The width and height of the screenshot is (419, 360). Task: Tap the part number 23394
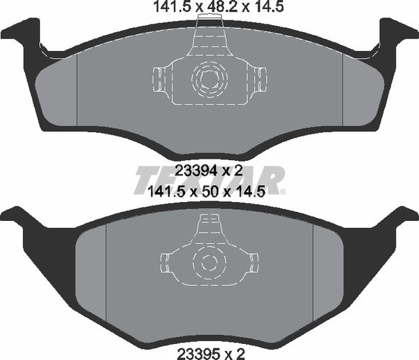[193, 169]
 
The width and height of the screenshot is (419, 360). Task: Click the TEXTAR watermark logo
[209, 180]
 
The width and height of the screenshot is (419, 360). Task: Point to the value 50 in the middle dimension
[210, 190]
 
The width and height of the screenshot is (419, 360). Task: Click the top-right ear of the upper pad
[395, 32]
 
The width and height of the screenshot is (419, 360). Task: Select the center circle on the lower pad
[207, 263]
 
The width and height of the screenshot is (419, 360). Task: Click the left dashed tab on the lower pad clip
[166, 263]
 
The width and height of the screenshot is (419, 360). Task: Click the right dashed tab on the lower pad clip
[249, 263]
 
